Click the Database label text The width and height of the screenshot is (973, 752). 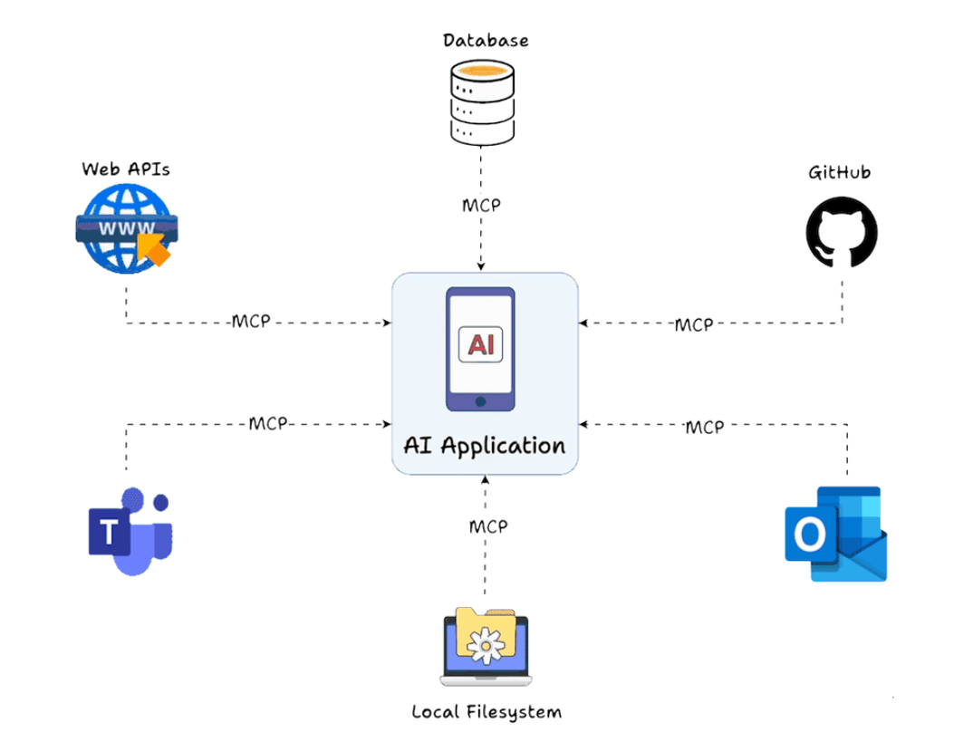486,41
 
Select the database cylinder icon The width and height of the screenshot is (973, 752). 481,101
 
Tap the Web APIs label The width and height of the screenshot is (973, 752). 126,169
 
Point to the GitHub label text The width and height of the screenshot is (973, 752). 839,172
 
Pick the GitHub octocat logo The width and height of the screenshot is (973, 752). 842,232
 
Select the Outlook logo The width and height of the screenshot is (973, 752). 835,534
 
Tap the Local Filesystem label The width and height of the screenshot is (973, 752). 486,711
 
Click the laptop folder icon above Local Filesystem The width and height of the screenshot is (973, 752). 484,646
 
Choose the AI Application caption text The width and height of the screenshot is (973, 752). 485,446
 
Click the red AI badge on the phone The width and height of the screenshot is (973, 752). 480,344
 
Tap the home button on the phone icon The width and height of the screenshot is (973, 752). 480,400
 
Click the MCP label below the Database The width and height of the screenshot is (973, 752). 481,205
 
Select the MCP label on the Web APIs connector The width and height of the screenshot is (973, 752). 251,322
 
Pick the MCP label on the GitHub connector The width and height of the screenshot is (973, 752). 693,324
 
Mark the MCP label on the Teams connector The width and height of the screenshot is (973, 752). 268,423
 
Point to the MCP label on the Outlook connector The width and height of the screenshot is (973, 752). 704,427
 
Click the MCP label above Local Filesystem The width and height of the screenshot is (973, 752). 488,526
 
